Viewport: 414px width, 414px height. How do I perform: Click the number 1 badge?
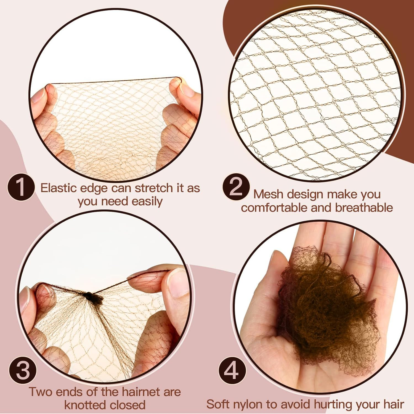coord(21,187)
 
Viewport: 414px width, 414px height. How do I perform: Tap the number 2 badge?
coord(236,187)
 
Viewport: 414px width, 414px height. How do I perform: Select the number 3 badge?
coord(23,370)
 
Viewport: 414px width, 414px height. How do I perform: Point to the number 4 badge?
coord(232,370)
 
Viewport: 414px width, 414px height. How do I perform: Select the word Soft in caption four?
coord(218,405)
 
